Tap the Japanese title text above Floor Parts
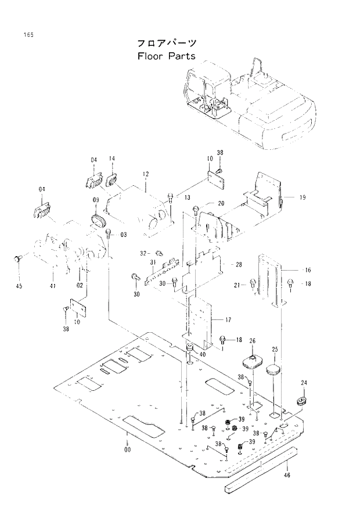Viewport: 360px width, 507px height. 166,43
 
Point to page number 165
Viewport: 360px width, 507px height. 28,35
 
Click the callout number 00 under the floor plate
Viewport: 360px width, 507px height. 127,449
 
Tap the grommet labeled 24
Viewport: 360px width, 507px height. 303,402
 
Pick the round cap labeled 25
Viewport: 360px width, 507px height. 273,369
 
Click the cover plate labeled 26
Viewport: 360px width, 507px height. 253,361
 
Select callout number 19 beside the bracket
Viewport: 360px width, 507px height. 303,198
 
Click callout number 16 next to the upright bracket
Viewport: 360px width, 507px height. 308,270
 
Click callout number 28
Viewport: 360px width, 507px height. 238,264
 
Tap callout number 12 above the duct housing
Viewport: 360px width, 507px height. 146,174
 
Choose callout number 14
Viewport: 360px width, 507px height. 111,159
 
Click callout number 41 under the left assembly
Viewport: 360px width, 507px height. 53,285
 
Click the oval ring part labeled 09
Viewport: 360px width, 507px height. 99,221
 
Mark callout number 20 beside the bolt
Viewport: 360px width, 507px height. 221,203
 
